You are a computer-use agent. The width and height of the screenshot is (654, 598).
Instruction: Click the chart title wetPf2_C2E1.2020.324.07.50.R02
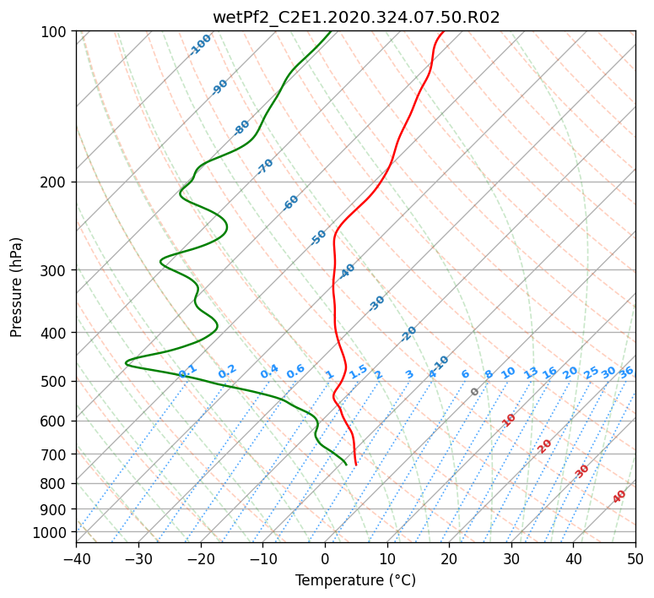click(x=356, y=18)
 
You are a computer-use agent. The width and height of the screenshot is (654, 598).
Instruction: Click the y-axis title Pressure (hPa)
click(x=16, y=287)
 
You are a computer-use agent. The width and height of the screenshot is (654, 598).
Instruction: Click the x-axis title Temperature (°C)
click(x=356, y=580)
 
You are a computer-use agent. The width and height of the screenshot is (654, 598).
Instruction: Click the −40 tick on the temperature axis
click(x=76, y=558)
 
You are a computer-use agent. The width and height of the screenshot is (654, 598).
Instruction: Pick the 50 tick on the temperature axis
click(x=635, y=558)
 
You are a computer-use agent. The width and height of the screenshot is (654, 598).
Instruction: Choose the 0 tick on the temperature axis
click(x=326, y=558)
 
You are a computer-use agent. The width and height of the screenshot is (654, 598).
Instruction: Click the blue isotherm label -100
click(x=200, y=45)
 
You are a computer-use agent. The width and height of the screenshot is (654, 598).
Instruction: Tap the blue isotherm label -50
click(x=318, y=237)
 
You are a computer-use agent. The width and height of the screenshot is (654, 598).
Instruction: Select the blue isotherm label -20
click(x=408, y=334)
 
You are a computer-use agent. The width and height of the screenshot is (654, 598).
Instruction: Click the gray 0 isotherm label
click(x=474, y=392)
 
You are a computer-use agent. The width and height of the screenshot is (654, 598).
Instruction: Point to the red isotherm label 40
click(x=619, y=497)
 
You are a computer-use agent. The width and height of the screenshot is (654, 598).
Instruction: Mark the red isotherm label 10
click(x=509, y=420)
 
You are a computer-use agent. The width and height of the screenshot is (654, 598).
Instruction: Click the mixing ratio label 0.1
click(x=187, y=371)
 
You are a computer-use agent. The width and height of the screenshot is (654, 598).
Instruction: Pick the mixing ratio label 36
click(x=626, y=372)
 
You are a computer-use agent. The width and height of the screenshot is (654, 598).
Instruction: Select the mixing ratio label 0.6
click(x=295, y=372)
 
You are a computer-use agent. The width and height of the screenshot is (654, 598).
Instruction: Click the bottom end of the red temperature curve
click(x=356, y=465)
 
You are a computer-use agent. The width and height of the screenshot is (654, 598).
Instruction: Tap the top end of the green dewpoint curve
click(x=331, y=31)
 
